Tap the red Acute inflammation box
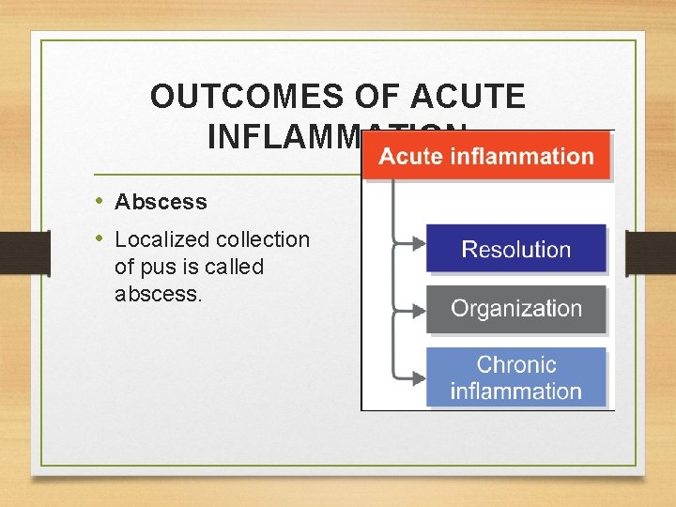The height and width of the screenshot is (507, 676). pyautogui.click(x=486, y=156)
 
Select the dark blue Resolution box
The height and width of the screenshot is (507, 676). pyautogui.click(x=515, y=250)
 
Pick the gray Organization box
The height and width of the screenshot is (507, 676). pyautogui.click(x=515, y=309)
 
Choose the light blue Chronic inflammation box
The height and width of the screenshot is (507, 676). pyautogui.click(x=515, y=377)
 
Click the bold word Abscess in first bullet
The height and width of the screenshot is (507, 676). pyautogui.click(x=161, y=202)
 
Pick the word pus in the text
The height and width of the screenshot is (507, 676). pyautogui.click(x=152, y=267)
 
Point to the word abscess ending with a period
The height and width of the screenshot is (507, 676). pyautogui.click(x=157, y=294)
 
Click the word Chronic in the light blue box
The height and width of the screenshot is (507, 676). pyautogui.click(x=515, y=364)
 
